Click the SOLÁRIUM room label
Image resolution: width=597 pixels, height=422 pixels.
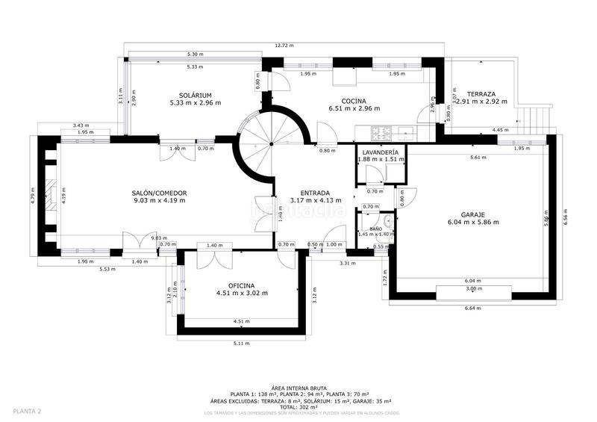coord(196,95)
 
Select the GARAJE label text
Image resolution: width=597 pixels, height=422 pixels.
coord(473,214)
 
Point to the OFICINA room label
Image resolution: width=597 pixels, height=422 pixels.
coord(241,285)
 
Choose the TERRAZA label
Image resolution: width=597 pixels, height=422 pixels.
coord(486,94)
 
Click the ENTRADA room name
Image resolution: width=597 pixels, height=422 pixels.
coord(315,192)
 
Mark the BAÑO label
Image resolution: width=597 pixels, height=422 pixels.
coord(375,229)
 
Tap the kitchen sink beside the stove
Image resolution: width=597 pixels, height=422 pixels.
coord(409,134)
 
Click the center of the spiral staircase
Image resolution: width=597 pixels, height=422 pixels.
coord(272,142)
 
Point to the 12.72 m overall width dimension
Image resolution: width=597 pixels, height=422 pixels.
coord(283,46)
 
